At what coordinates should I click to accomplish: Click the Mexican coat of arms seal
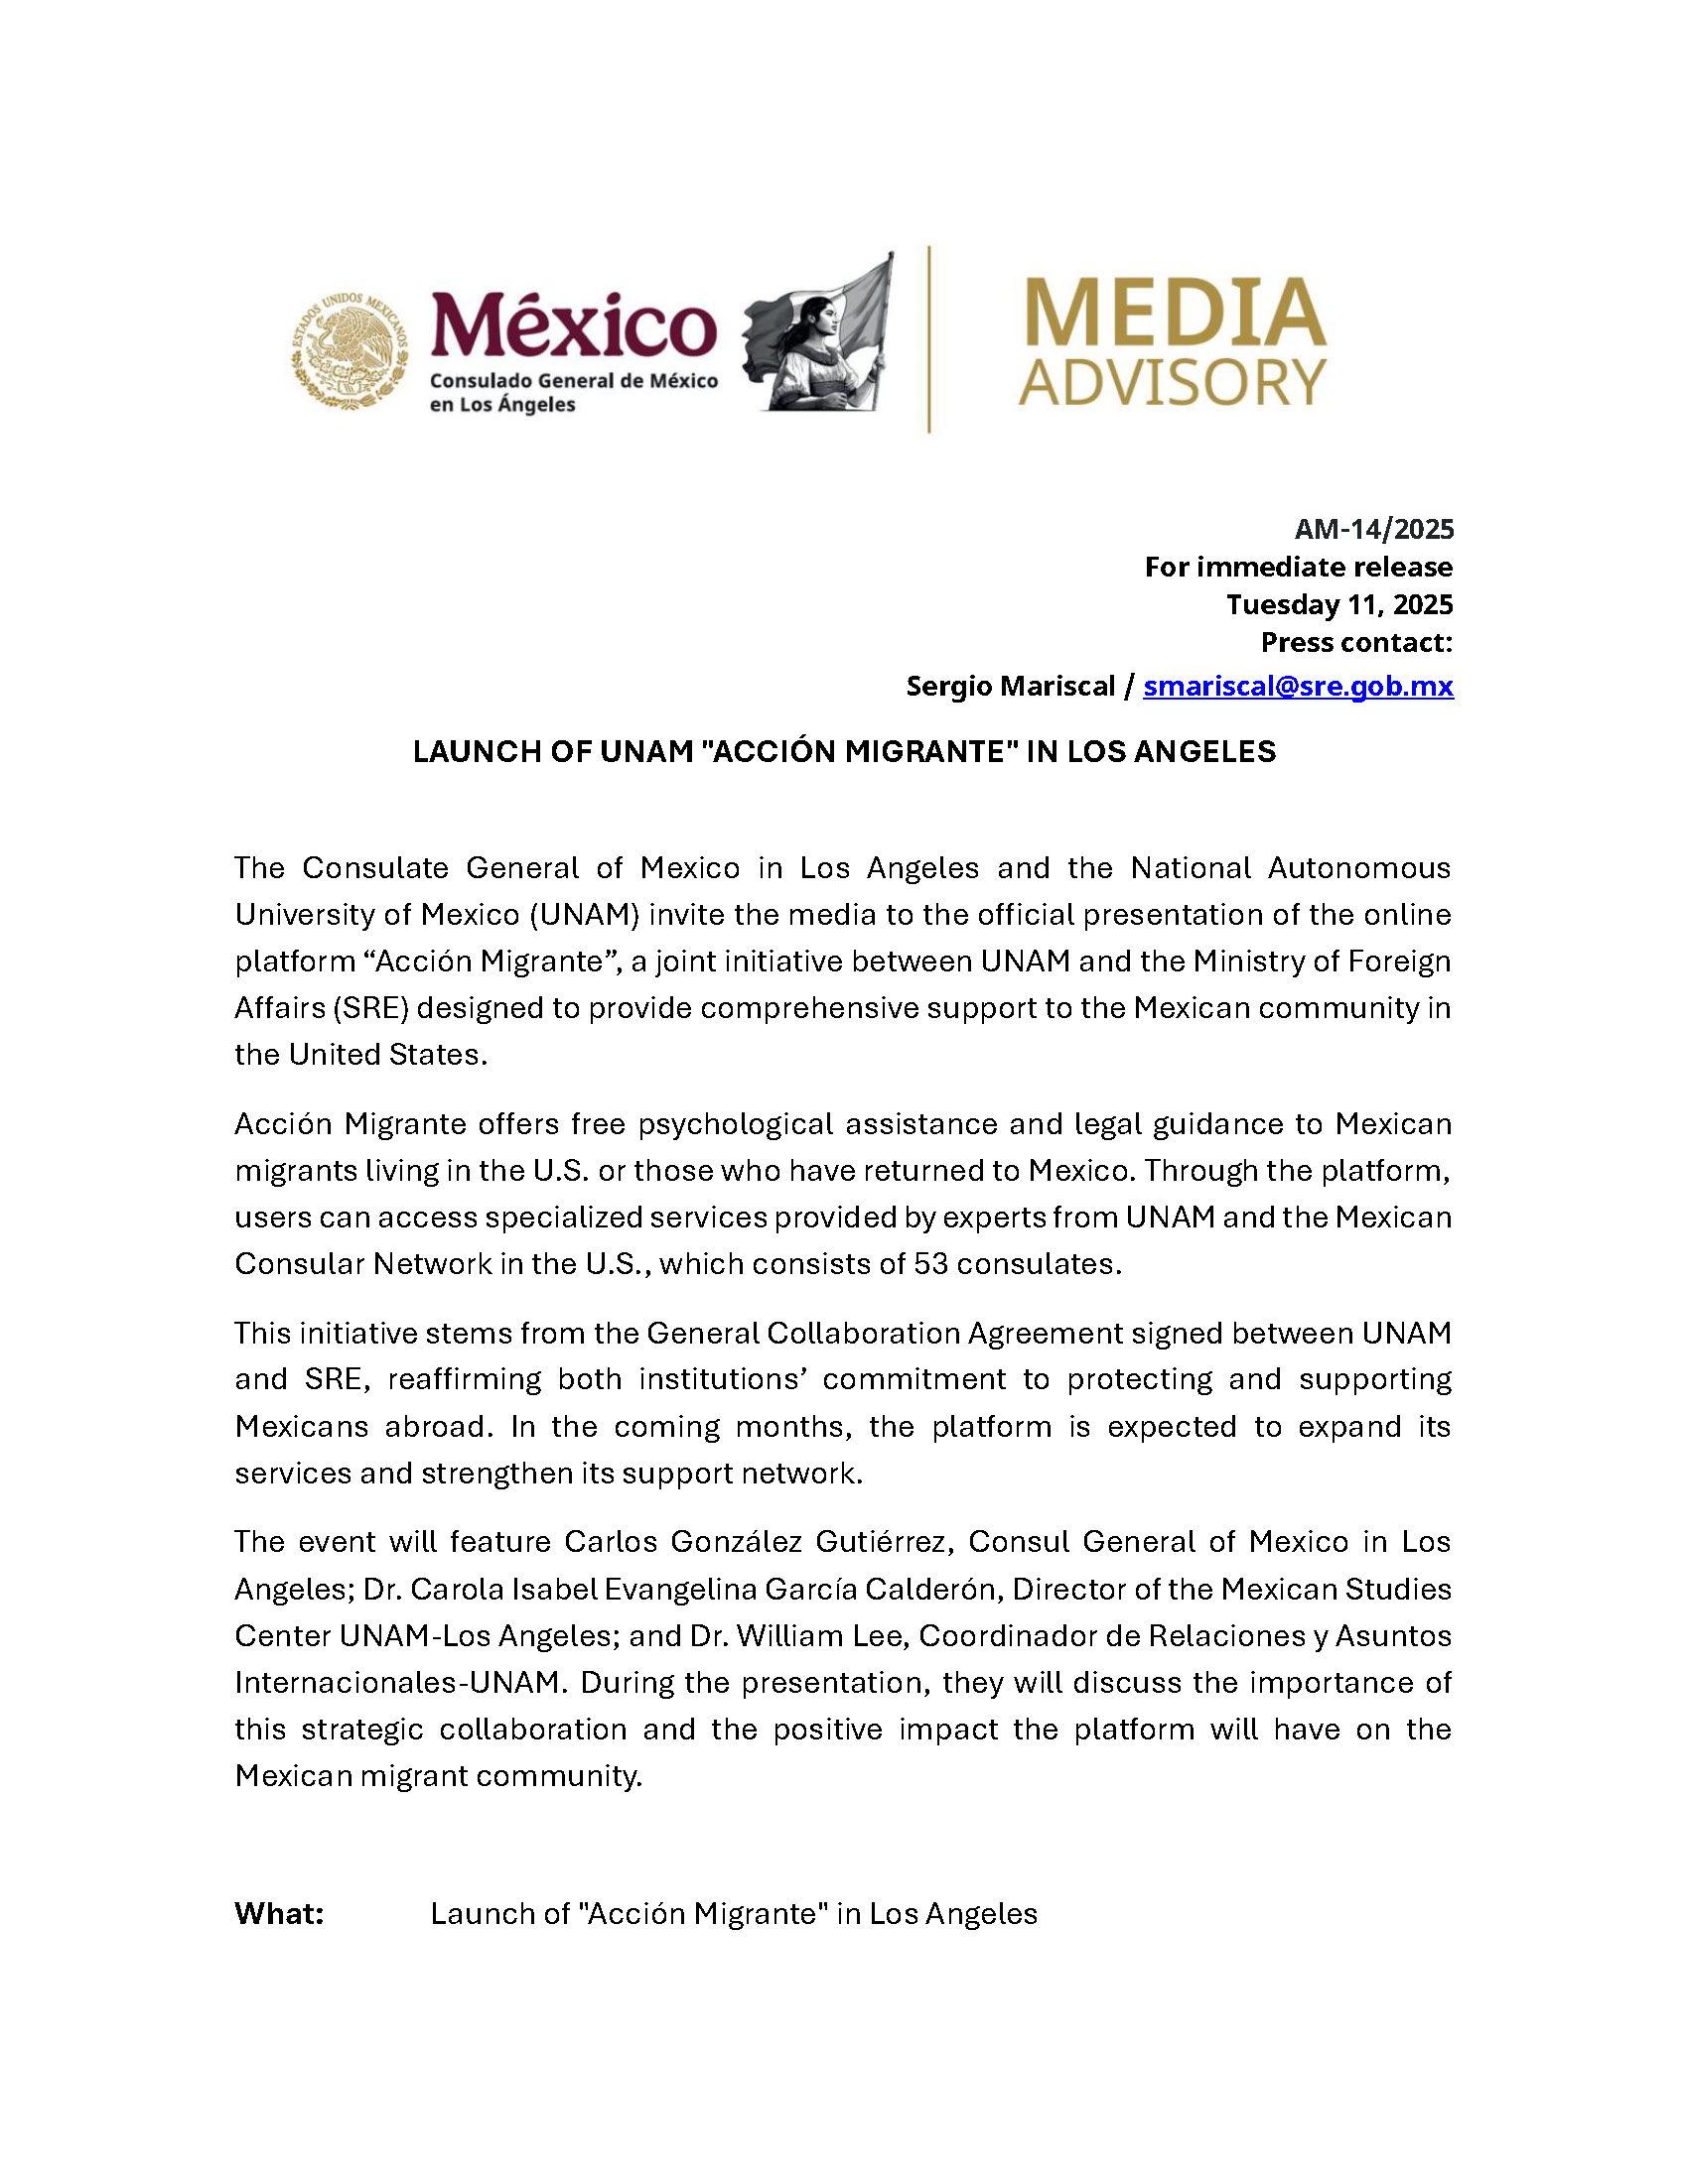coord(349,350)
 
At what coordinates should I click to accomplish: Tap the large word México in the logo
coord(573,324)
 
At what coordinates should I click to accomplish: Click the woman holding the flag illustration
coord(818,334)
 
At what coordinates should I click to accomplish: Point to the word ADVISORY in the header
coord(1172,383)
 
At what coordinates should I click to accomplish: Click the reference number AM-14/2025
coord(1373,529)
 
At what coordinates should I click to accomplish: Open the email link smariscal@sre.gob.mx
coord(1298,686)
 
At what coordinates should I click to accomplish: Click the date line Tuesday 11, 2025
coord(1339,604)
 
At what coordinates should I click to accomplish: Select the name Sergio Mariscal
coord(1010,686)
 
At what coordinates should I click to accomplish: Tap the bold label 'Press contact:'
coord(1356,643)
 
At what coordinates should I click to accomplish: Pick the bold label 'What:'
coord(279,1914)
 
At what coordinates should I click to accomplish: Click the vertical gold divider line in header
coord(929,338)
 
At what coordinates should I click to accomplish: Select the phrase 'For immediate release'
coord(1298,567)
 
